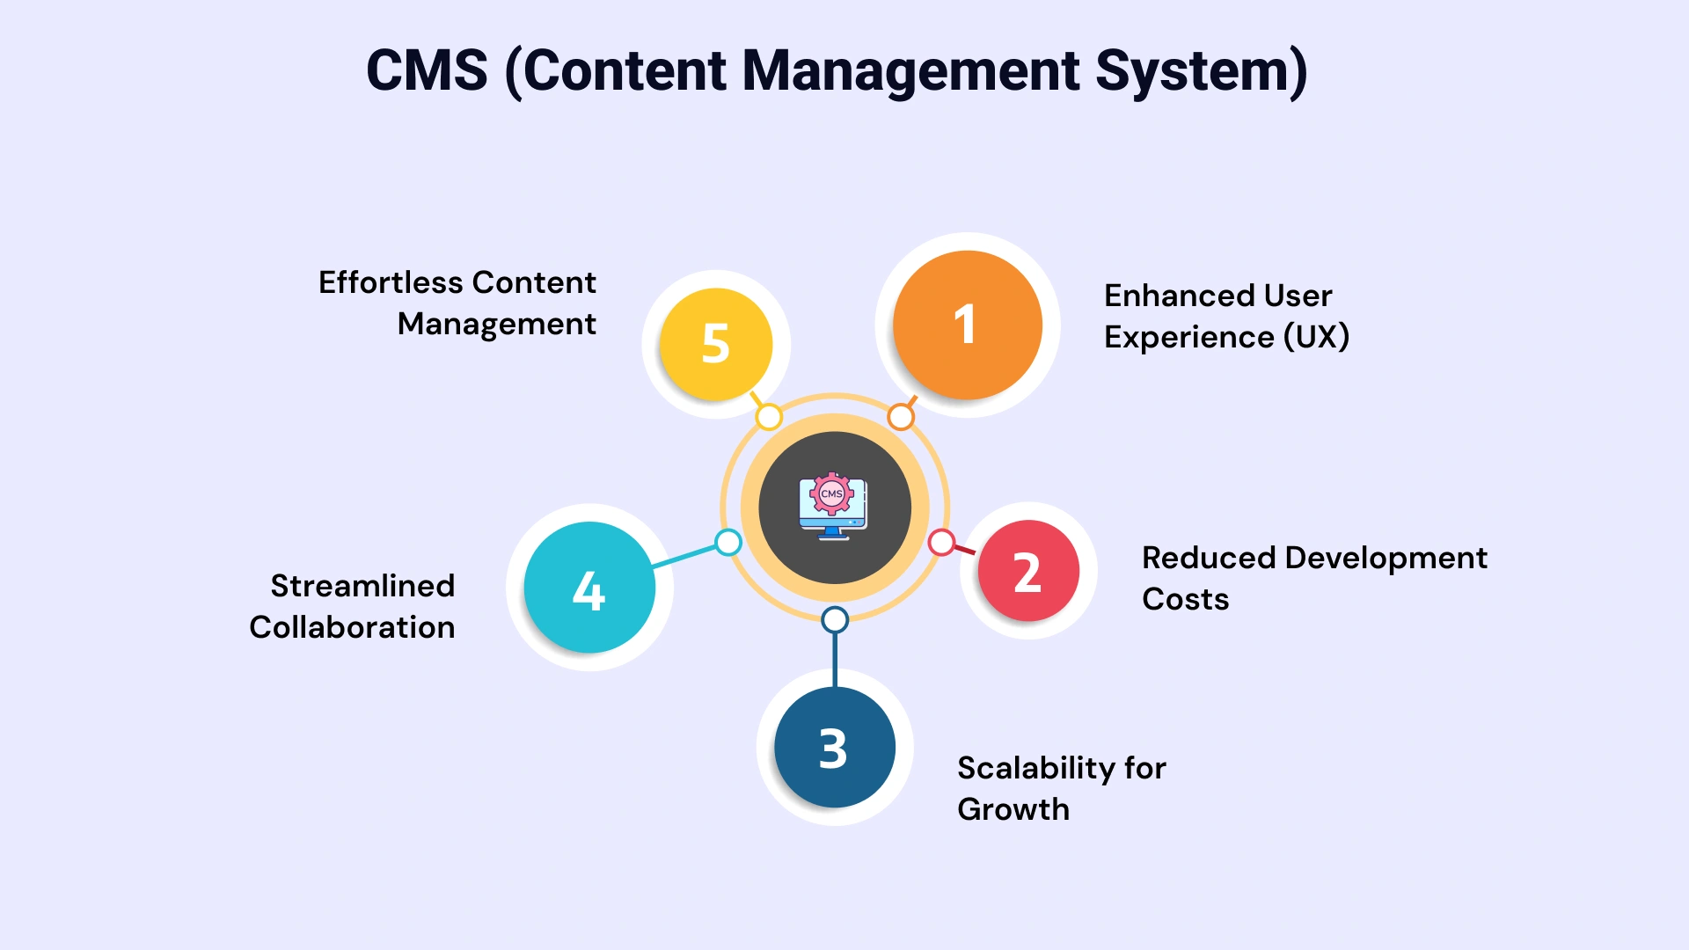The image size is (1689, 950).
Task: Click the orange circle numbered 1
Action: [x=967, y=325]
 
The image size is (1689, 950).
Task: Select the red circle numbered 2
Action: [x=1027, y=571]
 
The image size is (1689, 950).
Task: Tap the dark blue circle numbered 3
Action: [x=834, y=747]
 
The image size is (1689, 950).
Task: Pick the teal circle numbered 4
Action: [x=589, y=588]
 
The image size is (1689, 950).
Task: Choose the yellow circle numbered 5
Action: [x=715, y=344]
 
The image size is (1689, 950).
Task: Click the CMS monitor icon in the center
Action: [x=833, y=508]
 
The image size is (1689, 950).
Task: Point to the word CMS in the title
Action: [x=427, y=70]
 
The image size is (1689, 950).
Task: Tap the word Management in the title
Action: [x=910, y=70]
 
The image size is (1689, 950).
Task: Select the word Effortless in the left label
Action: [x=390, y=282]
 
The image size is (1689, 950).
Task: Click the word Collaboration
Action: [x=352, y=627]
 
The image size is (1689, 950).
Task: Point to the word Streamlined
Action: [x=362, y=586]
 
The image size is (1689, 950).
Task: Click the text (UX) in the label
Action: [x=1316, y=337]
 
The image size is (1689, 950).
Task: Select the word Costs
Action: [x=1185, y=599]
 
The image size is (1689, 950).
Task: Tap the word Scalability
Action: [x=1036, y=768]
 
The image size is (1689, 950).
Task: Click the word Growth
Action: [x=1013, y=809]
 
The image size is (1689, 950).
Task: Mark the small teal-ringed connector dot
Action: [x=728, y=543]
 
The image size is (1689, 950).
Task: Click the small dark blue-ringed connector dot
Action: [x=835, y=620]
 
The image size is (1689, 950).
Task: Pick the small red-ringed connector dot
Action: [x=941, y=543]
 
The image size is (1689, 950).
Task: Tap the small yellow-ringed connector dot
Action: [x=769, y=417]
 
